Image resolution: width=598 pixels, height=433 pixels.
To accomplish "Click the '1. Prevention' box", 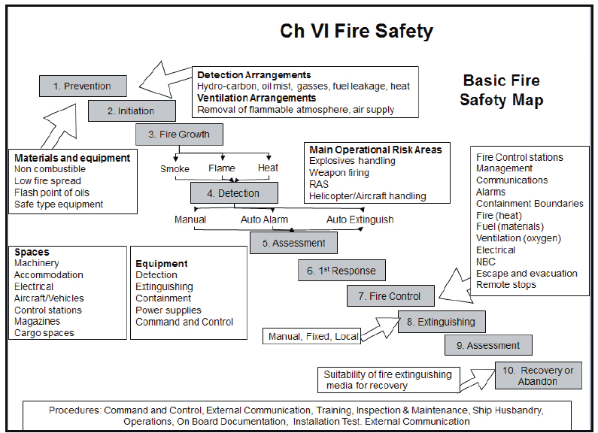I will click(83, 86).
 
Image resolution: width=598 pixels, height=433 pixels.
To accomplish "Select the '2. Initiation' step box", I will click(132, 111).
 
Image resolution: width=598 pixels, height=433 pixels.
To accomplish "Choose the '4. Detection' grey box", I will click(235, 193).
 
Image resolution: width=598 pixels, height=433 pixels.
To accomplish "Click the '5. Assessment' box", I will click(294, 243).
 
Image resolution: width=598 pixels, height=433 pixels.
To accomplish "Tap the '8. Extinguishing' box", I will click(442, 322).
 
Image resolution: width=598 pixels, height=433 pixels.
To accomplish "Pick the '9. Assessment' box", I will click(488, 345).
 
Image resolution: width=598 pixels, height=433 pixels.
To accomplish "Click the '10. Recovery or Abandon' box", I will click(538, 375).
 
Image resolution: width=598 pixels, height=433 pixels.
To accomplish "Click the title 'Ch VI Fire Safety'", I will click(357, 31).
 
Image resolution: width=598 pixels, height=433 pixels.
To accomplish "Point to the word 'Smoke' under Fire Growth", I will click(175, 168).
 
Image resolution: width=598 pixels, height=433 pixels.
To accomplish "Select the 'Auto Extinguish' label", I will click(360, 220).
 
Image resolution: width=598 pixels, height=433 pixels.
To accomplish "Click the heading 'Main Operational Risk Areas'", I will click(375, 150).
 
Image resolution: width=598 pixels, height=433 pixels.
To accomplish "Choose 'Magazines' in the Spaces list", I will click(37, 322).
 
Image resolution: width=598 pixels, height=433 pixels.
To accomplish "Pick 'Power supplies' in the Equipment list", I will click(168, 310).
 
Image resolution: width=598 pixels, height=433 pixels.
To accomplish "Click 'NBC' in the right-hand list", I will click(487, 262).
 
